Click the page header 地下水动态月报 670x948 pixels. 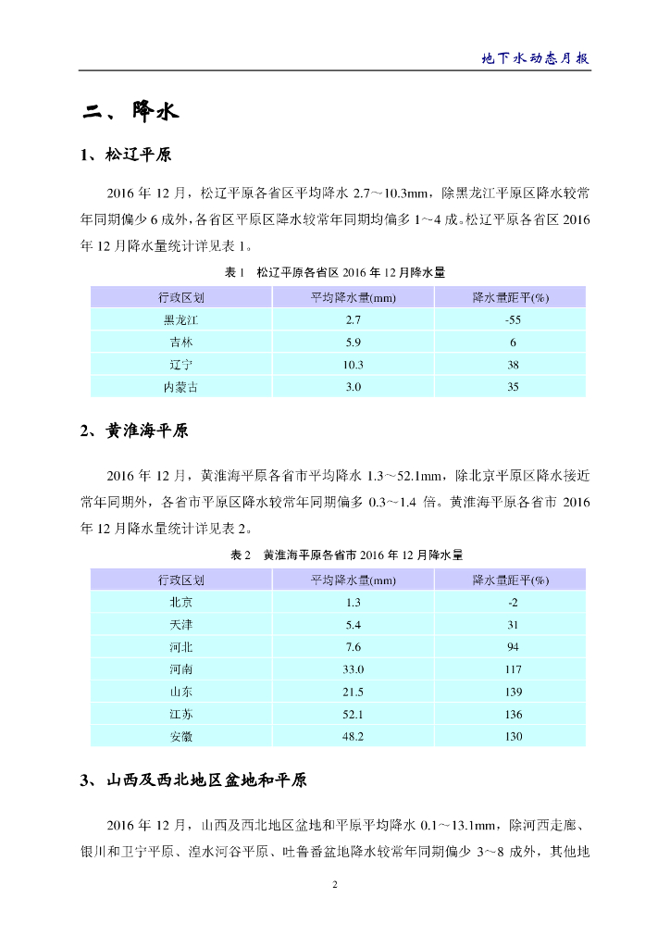[536, 57]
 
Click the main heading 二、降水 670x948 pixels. [130, 113]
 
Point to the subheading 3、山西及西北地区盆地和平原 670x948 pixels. [193, 781]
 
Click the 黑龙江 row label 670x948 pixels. [180, 319]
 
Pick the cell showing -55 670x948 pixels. [513, 319]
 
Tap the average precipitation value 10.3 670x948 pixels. [353, 365]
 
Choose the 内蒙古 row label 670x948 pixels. [180, 387]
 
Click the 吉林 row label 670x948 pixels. [180, 343]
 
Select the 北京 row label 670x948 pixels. [180, 602]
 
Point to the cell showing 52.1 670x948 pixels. [353, 715]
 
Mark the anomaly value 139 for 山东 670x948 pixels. [513, 692]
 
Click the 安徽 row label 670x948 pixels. [180, 737]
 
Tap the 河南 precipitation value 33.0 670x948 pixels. [353, 669]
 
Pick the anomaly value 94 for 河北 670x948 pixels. [513, 647]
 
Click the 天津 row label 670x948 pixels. [180, 625]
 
